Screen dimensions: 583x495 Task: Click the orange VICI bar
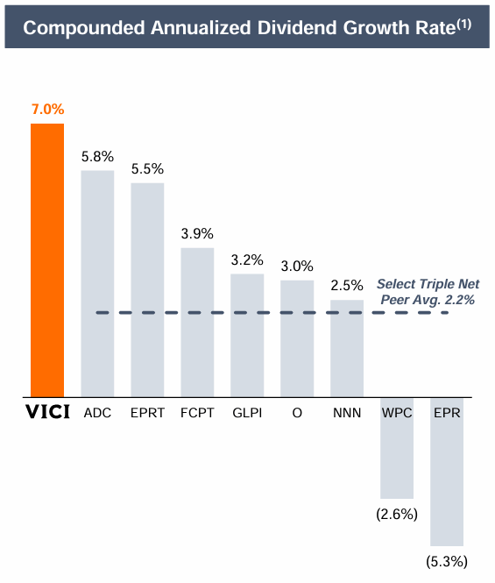point(47,260)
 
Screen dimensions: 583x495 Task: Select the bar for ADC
point(97,282)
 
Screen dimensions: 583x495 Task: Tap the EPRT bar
point(147,289)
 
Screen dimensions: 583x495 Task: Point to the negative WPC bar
point(396,447)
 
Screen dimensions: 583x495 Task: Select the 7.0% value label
point(47,110)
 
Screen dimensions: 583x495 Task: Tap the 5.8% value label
point(97,156)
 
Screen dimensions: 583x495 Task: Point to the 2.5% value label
point(346,286)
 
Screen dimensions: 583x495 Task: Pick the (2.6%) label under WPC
point(396,514)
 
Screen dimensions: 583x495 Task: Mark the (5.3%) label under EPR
point(446,561)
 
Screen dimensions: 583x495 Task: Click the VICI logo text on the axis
point(46,412)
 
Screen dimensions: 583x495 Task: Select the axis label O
point(297,412)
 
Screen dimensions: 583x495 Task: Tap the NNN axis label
point(346,412)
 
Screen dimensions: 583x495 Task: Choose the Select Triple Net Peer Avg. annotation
point(428,291)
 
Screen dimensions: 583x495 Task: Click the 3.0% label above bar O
point(297,266)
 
